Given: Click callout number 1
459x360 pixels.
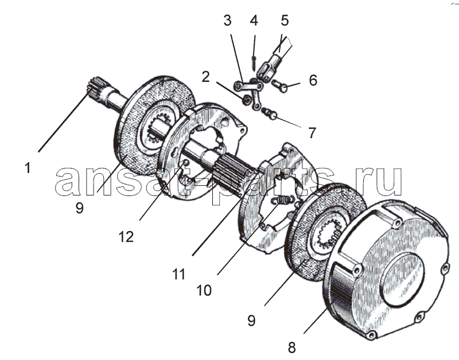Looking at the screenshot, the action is point(28,169).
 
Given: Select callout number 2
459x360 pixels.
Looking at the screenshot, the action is point(206,77).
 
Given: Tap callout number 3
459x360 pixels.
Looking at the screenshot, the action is point(227,21).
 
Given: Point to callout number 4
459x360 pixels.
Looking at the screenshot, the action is point(254,21).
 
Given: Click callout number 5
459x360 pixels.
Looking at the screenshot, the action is point(285,21).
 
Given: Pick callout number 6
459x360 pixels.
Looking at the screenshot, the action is point(313,80).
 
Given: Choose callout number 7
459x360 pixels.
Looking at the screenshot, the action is point(312,133).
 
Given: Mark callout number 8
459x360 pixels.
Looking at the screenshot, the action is point(291,348).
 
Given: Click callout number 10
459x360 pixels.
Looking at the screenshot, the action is point(204,291).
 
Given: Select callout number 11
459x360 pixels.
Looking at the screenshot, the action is point(179,275).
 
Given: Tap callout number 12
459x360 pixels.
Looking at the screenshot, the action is point(126,237).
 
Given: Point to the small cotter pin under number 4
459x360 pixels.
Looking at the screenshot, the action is point(254,62).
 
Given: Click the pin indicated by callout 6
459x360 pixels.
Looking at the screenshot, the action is point(280,86).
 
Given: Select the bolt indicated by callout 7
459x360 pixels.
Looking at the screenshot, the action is point(269,114).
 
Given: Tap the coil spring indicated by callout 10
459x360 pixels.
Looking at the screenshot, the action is point(282,199).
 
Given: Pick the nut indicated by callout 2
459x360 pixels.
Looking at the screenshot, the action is point(247,100).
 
